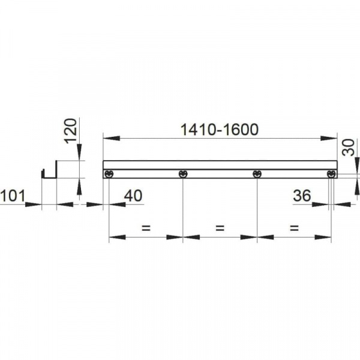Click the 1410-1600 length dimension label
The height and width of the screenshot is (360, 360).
(220, 129)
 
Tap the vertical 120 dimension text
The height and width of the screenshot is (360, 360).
(71, 131)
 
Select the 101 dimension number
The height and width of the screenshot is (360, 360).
(12, 196)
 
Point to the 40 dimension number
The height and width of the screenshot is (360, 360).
(133, 196)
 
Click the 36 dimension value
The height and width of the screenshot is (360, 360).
(303, 196)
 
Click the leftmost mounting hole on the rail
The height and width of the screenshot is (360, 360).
(109, 174)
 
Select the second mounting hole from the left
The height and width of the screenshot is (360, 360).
(183, 174)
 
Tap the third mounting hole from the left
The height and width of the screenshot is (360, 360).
(257, 174)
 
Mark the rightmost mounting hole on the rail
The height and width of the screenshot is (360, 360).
(331, 174)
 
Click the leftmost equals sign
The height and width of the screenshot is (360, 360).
(145, 228)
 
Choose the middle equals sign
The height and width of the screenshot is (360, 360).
(220, 228)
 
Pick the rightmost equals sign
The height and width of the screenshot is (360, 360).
(294, 228)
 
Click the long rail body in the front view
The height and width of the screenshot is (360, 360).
(220, 165)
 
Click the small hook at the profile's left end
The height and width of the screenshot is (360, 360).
(43, 175)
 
